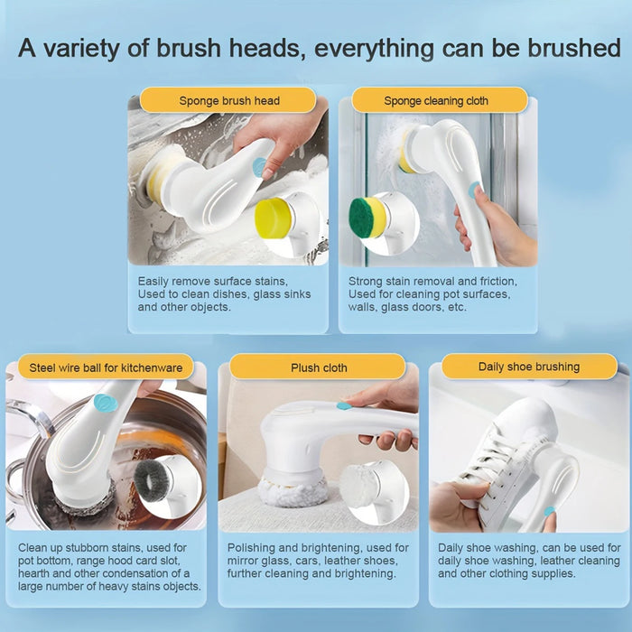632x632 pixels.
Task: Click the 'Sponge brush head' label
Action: click(229, 100)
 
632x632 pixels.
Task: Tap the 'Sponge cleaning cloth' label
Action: click(436, 100)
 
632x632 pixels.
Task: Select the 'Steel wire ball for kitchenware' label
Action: click(106, 367)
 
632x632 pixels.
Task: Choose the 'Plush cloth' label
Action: click(319, 367)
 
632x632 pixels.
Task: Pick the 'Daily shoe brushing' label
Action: click(529, 367)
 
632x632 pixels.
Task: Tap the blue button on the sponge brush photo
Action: click(260, 166)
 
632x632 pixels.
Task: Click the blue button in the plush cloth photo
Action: click(344, 405)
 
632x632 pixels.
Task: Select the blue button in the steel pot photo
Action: click(106, 403)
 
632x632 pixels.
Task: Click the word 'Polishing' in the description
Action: click(252, 548)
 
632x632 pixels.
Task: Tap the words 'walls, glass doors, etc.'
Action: click(407, 307)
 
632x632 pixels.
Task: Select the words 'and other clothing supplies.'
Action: click(510, 573)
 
